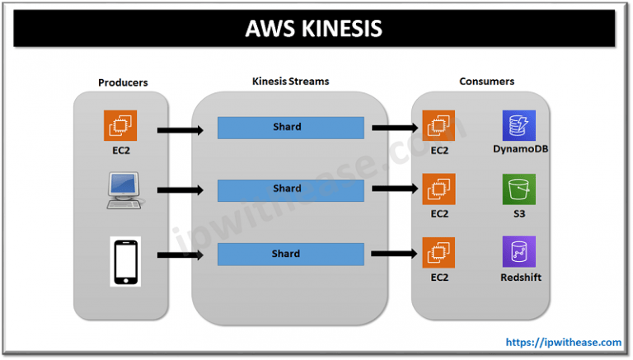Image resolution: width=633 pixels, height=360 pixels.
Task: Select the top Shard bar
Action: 290,128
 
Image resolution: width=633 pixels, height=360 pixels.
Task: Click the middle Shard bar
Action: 290,189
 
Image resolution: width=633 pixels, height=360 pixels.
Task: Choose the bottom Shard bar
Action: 290,255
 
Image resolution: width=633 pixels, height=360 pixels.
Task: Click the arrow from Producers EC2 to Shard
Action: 181,130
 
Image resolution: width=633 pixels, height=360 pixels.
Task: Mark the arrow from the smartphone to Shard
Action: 181,255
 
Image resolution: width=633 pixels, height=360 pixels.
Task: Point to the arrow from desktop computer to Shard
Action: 181,190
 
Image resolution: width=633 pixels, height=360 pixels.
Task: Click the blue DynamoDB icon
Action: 519,126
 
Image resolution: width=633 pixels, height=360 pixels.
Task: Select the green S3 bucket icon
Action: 519,189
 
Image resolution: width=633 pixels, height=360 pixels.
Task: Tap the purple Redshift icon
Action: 519,251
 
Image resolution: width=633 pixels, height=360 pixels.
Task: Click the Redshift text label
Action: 521,278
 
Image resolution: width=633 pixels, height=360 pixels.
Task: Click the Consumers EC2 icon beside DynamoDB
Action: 438,126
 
